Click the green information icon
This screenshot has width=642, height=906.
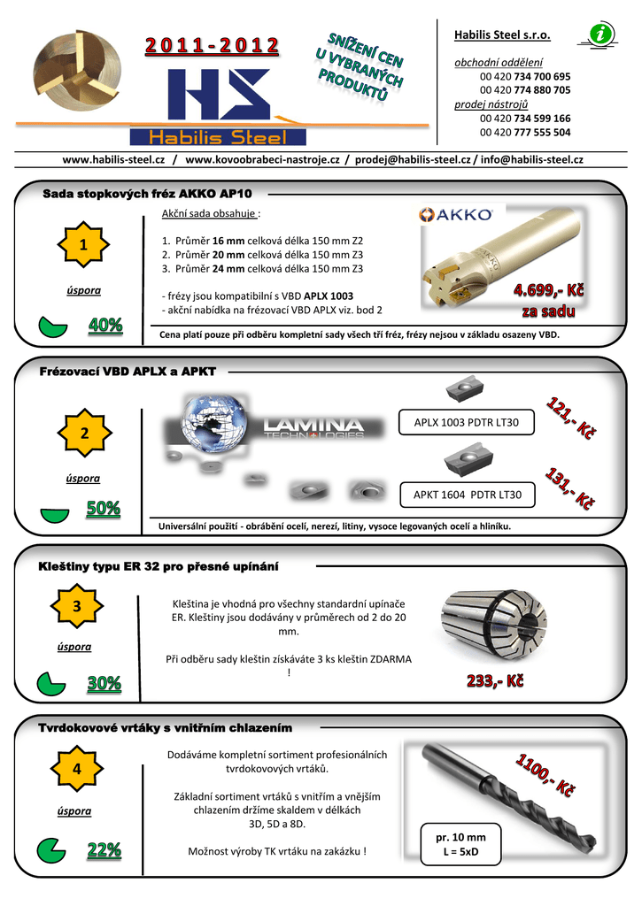tap(602, 35)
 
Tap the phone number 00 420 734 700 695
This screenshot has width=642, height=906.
tap(525, 76)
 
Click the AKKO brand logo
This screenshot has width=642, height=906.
tap(457, 213)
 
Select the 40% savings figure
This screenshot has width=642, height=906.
tap(105, 326)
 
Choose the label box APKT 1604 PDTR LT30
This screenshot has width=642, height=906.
tap(468, 495)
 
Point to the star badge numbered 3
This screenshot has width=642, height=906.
tap(77, 606)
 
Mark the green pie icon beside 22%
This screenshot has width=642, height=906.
tap(51, 851)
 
